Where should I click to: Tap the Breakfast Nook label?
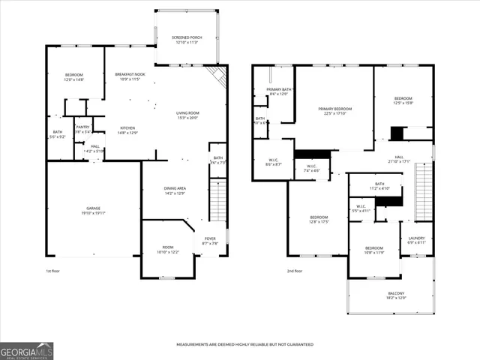(129, 76)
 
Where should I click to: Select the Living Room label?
(187, 114)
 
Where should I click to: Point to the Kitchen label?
(128, 129)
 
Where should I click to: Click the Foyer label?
(210, 240)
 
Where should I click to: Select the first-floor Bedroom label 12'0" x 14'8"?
(74, 76)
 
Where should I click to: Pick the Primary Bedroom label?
(334, 110)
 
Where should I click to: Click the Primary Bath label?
(278, 91)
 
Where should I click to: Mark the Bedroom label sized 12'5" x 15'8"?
(403, 100)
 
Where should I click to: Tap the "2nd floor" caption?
(294, 271)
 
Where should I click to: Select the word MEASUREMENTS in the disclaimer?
(196, 344)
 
